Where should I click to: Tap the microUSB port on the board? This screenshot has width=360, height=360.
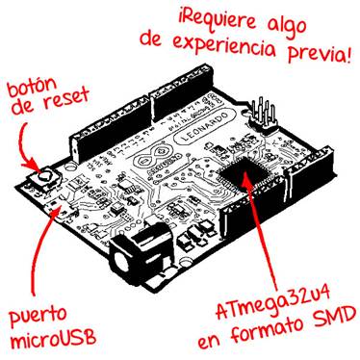[65, 212]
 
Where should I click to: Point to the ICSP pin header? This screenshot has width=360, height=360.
[263, 116]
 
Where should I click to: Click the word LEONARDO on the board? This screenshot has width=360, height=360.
[205, 128]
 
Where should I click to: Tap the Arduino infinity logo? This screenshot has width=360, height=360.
[155, 156]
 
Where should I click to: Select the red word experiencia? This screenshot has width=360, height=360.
[222, 45]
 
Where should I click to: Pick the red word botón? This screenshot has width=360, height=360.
[32, 87]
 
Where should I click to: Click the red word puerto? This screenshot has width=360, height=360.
[38, 316]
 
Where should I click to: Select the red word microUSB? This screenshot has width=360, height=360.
[53, 339]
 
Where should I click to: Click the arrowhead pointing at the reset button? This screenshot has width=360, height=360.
[35, 165]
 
